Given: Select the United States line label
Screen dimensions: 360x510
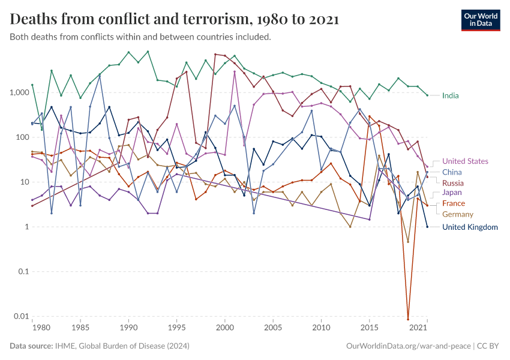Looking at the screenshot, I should pos(465,161).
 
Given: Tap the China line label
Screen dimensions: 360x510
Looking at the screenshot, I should pos(452,172).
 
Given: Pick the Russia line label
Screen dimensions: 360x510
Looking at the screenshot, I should pos(453,183).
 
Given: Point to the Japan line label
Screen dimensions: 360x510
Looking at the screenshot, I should pos(452,193).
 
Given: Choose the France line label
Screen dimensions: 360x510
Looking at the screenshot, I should pos(454,203).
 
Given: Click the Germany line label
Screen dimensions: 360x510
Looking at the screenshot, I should pos(458,214).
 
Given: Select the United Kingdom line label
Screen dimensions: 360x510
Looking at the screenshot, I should pos(470,227).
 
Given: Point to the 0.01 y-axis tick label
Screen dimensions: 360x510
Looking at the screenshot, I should pos(19,316).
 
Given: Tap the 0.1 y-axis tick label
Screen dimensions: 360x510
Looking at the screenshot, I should pos(20,271).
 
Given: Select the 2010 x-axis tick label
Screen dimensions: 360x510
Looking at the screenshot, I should pos(322,328).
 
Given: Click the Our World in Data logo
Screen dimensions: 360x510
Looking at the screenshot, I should pos(480,20).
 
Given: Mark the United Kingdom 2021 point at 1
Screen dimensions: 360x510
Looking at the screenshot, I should pos(427,227).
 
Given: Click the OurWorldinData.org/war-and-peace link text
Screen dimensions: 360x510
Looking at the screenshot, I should pos(409,346).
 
